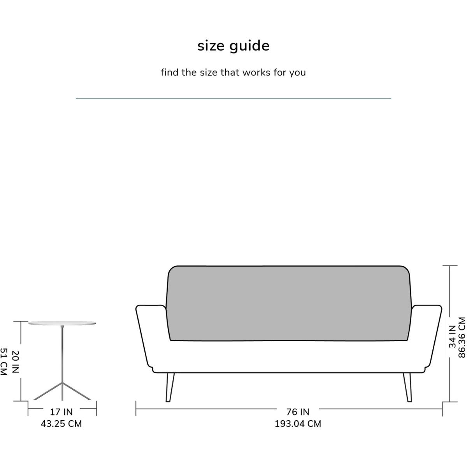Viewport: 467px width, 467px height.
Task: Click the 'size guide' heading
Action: [233, 46]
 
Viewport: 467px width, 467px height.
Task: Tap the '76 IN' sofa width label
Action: [298, 412]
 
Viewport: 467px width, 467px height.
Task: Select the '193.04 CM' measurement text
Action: [298, 424]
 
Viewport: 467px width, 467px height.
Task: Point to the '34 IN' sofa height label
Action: [452, 337]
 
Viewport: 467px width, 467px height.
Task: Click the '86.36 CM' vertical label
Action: [462, 337]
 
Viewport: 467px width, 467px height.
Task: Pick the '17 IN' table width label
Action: [61, 412]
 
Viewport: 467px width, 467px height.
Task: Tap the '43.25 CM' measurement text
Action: [61, 424]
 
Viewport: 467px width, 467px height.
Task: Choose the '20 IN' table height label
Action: [15, 362]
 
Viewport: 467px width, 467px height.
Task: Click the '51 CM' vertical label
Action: [4, 362]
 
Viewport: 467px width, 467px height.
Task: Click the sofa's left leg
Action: [170, 387]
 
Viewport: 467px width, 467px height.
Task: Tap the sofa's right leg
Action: [407, 387]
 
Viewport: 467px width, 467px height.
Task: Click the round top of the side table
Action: [62, 323]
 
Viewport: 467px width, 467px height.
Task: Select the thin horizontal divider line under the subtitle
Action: [233, 98]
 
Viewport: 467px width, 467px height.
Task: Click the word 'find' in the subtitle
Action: [169, 72]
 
